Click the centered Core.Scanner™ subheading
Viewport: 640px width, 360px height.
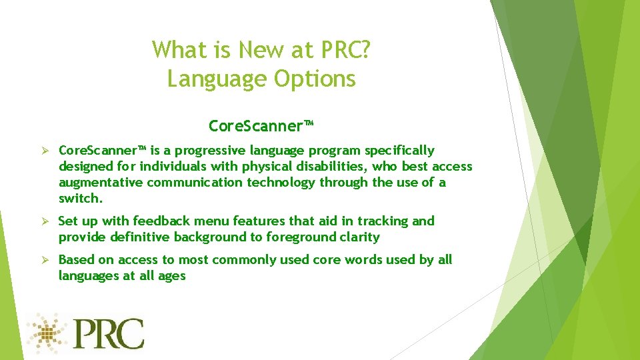pos(261,126)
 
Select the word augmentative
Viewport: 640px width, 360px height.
pos(100,183)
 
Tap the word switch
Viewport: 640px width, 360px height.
pos(78,199)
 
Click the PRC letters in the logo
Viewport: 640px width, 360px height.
pos(108,334)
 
